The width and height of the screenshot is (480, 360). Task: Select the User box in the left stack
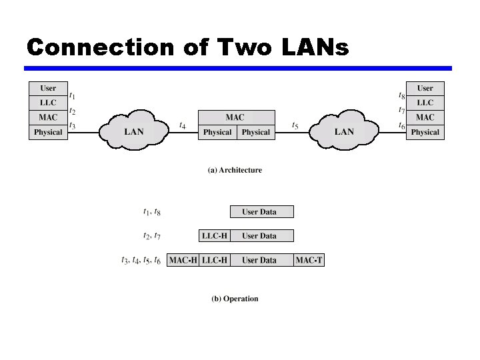48,88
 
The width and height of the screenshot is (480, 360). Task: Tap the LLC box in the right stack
425,103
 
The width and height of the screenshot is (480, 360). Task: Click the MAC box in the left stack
48,117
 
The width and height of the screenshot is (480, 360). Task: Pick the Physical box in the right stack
425,132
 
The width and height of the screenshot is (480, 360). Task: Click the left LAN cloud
134,131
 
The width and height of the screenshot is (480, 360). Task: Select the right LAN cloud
344,131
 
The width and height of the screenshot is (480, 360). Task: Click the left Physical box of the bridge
217,132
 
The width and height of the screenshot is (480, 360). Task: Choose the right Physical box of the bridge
256,132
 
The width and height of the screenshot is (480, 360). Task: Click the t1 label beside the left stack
73,96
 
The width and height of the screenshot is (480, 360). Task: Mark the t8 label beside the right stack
401,96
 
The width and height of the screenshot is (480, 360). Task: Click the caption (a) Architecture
235,170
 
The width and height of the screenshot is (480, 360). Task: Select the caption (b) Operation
235,299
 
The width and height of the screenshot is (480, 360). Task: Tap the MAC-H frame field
183,260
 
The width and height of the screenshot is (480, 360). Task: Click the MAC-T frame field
309,260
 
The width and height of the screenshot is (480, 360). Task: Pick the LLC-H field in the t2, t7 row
215,235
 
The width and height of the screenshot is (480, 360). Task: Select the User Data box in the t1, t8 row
259,212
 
